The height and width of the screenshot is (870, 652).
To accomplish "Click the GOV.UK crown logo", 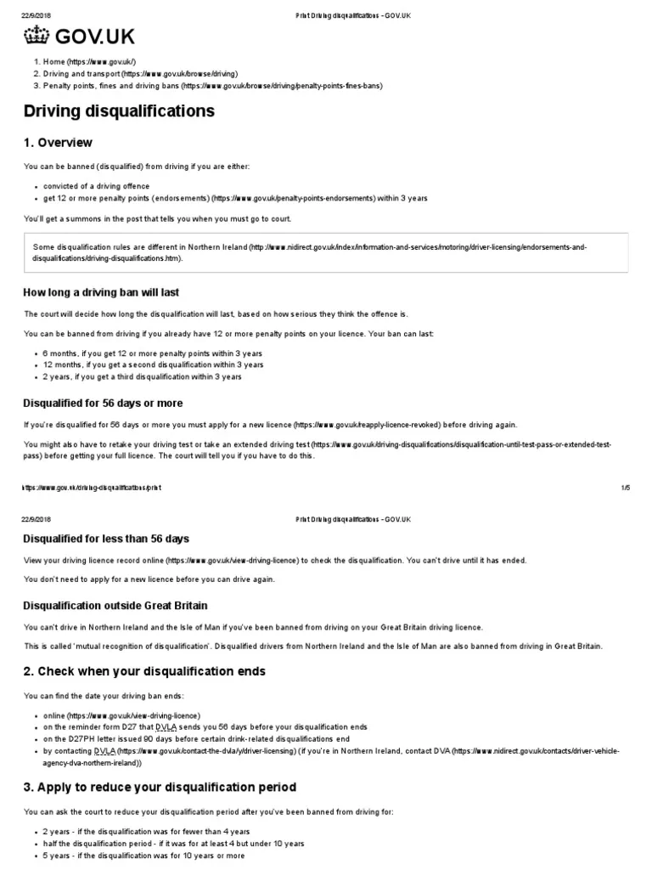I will click(35, 36).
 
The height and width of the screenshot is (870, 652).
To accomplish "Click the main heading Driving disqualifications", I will click(118, 111).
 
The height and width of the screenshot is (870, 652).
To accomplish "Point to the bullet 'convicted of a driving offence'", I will click(96, 186).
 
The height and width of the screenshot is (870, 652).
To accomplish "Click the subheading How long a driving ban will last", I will click(101, 292).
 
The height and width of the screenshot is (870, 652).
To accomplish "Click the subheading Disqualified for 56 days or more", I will click(103, 403).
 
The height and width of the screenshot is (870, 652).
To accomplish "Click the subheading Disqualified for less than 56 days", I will click(106, 539).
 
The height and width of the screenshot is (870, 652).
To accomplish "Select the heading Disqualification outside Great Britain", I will click(115, 606).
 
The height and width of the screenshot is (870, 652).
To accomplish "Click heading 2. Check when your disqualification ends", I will click(145, 671).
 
